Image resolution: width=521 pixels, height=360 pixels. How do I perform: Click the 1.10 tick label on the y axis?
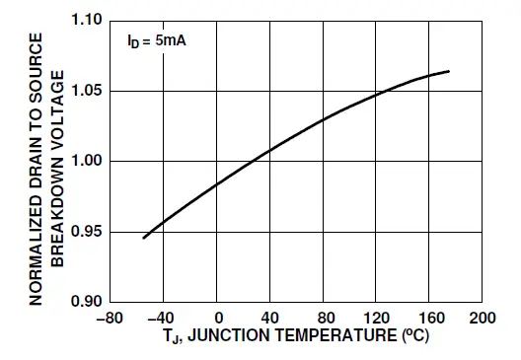click(x=91, y=21)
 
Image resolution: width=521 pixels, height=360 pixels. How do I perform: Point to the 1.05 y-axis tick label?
click(x=91, y=91)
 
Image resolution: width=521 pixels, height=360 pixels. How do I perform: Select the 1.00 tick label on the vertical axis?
click(x=91, y=161)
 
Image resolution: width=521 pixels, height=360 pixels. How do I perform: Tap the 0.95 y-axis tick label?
click(x=91, y=232)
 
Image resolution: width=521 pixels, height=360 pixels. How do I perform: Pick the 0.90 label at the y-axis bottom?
click(x=91, y=301)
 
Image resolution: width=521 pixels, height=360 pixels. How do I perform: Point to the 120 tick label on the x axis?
click(x=376, y=319)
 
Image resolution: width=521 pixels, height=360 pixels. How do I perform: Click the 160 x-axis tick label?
click(x=429, y=319)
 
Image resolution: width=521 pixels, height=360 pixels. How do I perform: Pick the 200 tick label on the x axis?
click(x=483, y=319)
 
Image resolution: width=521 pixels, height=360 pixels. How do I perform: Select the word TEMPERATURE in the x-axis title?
click(x=324, y=338)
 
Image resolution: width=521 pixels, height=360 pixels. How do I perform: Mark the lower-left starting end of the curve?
click(x=144, y=238)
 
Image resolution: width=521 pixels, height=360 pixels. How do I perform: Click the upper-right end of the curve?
click(x=450, y=71)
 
